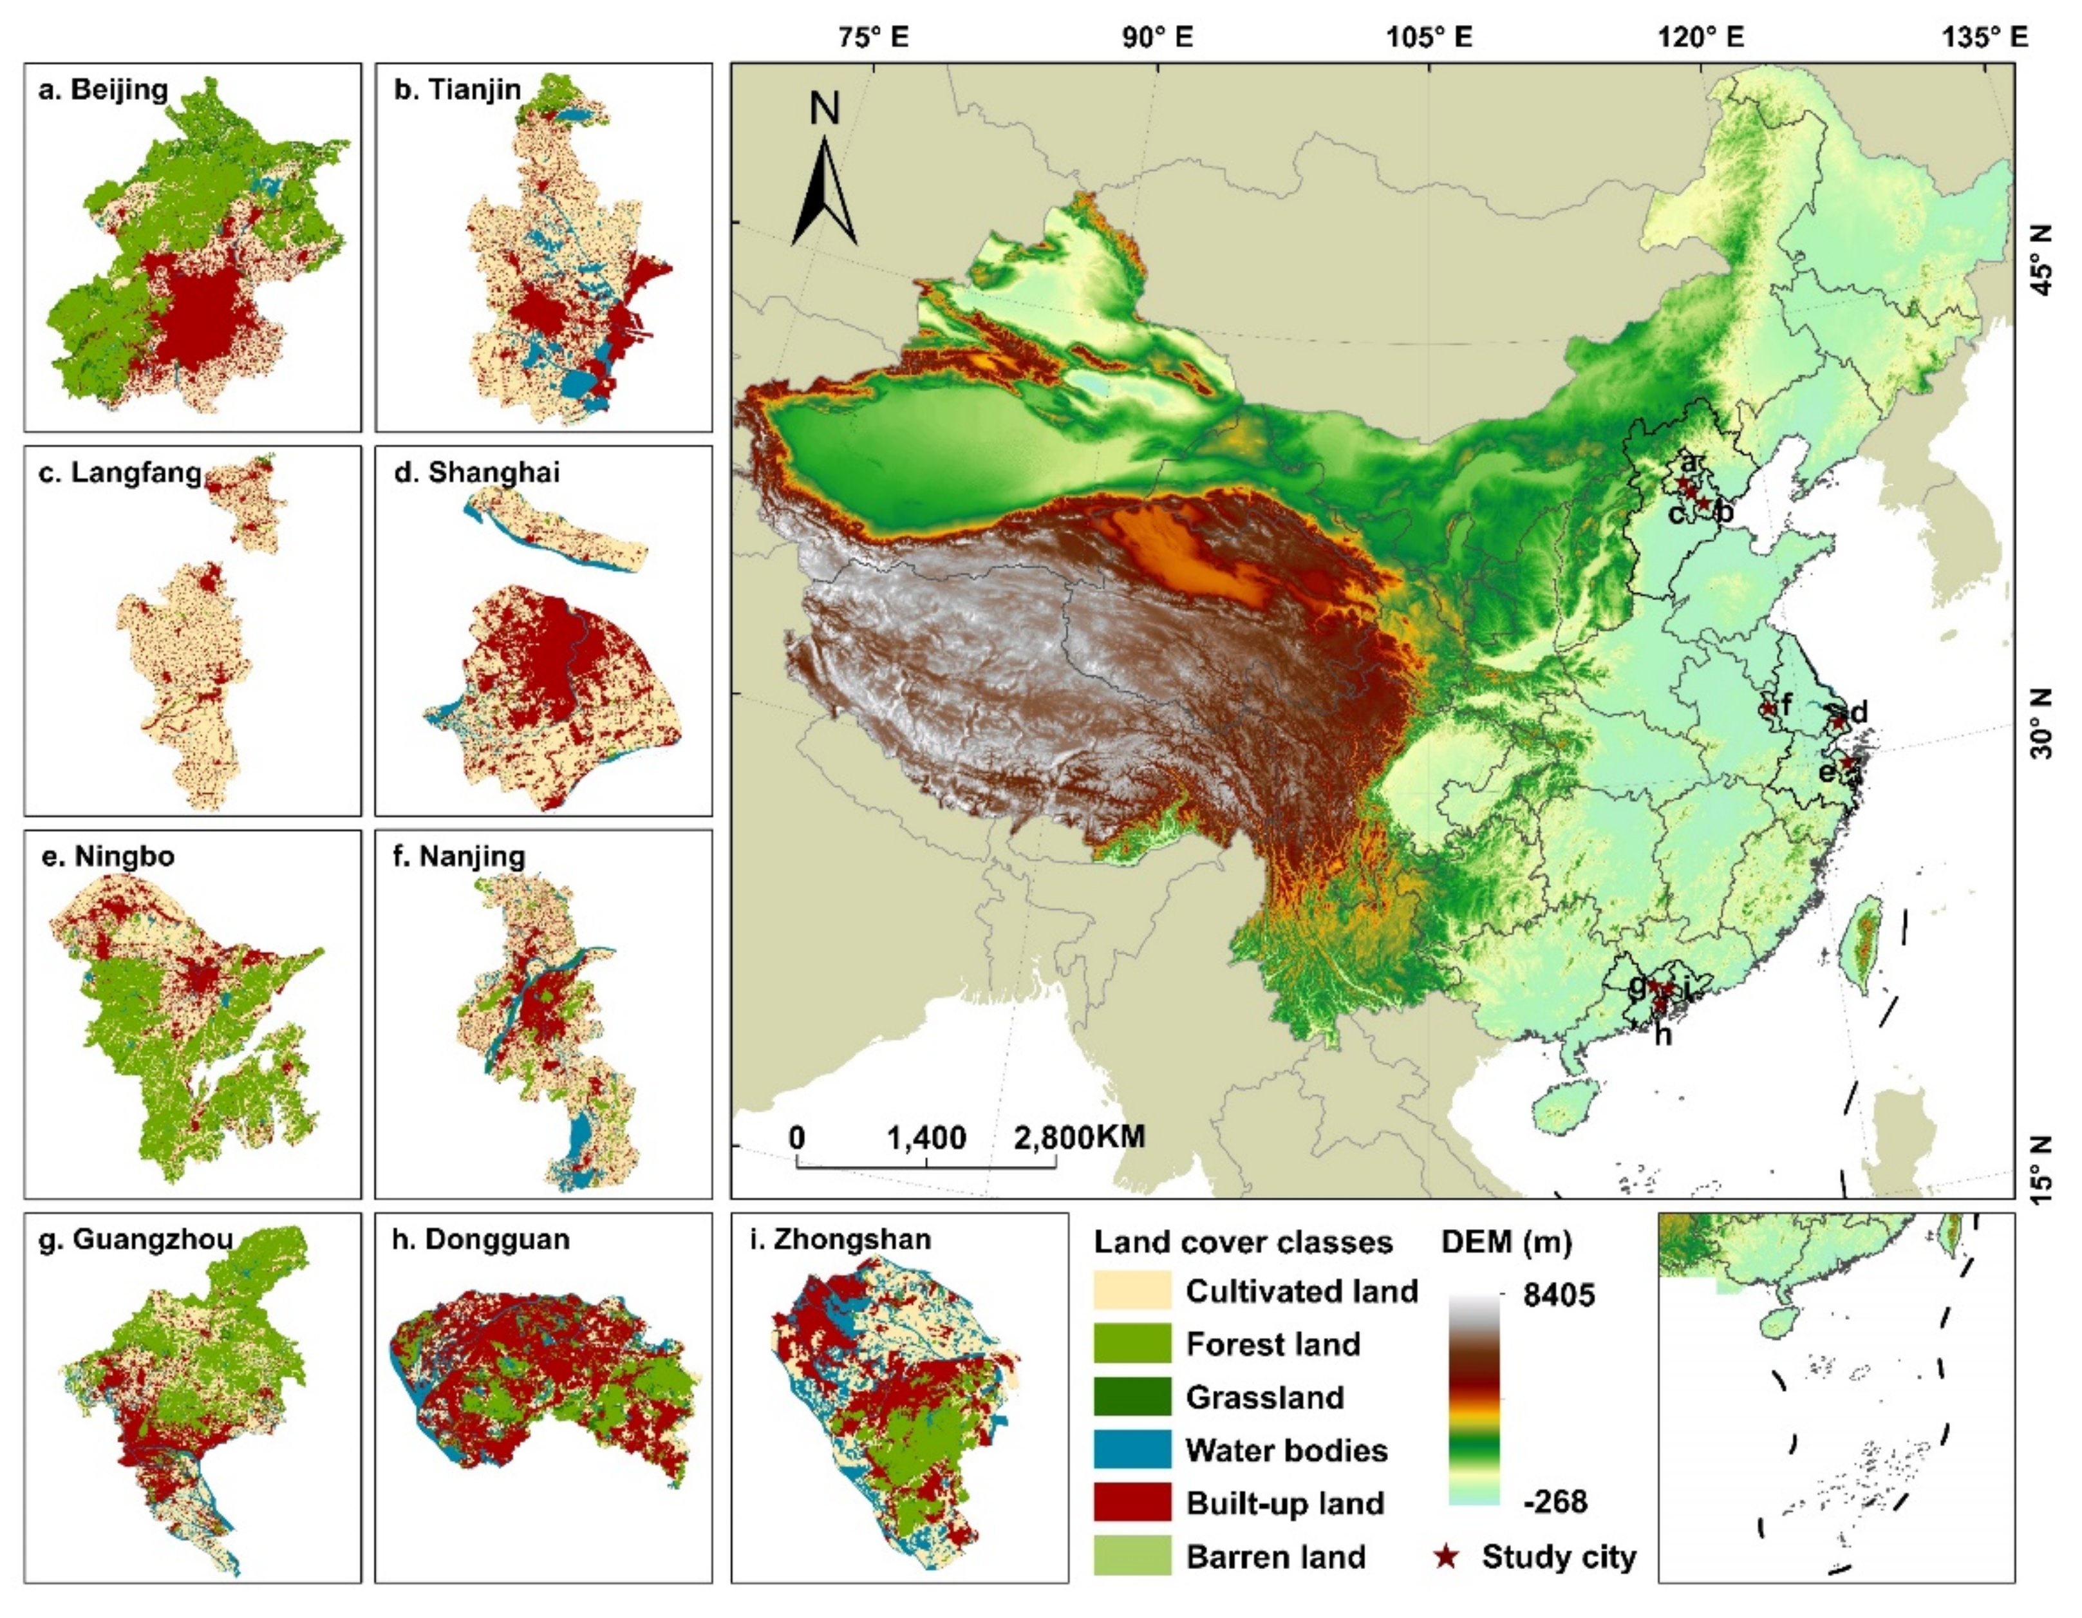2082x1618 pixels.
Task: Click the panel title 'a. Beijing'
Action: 103,89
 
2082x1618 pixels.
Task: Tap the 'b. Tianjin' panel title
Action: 458,89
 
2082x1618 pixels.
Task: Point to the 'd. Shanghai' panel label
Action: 476,473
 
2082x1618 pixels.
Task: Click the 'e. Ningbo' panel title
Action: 107,856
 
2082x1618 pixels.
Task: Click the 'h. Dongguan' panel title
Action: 482,1239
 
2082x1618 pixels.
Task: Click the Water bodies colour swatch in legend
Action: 1132,1450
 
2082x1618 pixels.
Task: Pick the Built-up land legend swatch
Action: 1132,1503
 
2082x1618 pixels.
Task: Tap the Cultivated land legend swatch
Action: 1132,1291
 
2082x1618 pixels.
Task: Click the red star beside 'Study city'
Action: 1447,1557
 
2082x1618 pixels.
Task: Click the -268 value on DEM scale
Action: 1555,1501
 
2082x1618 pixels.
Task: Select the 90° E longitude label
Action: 1158,37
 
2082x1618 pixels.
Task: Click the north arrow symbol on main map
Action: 823,191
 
